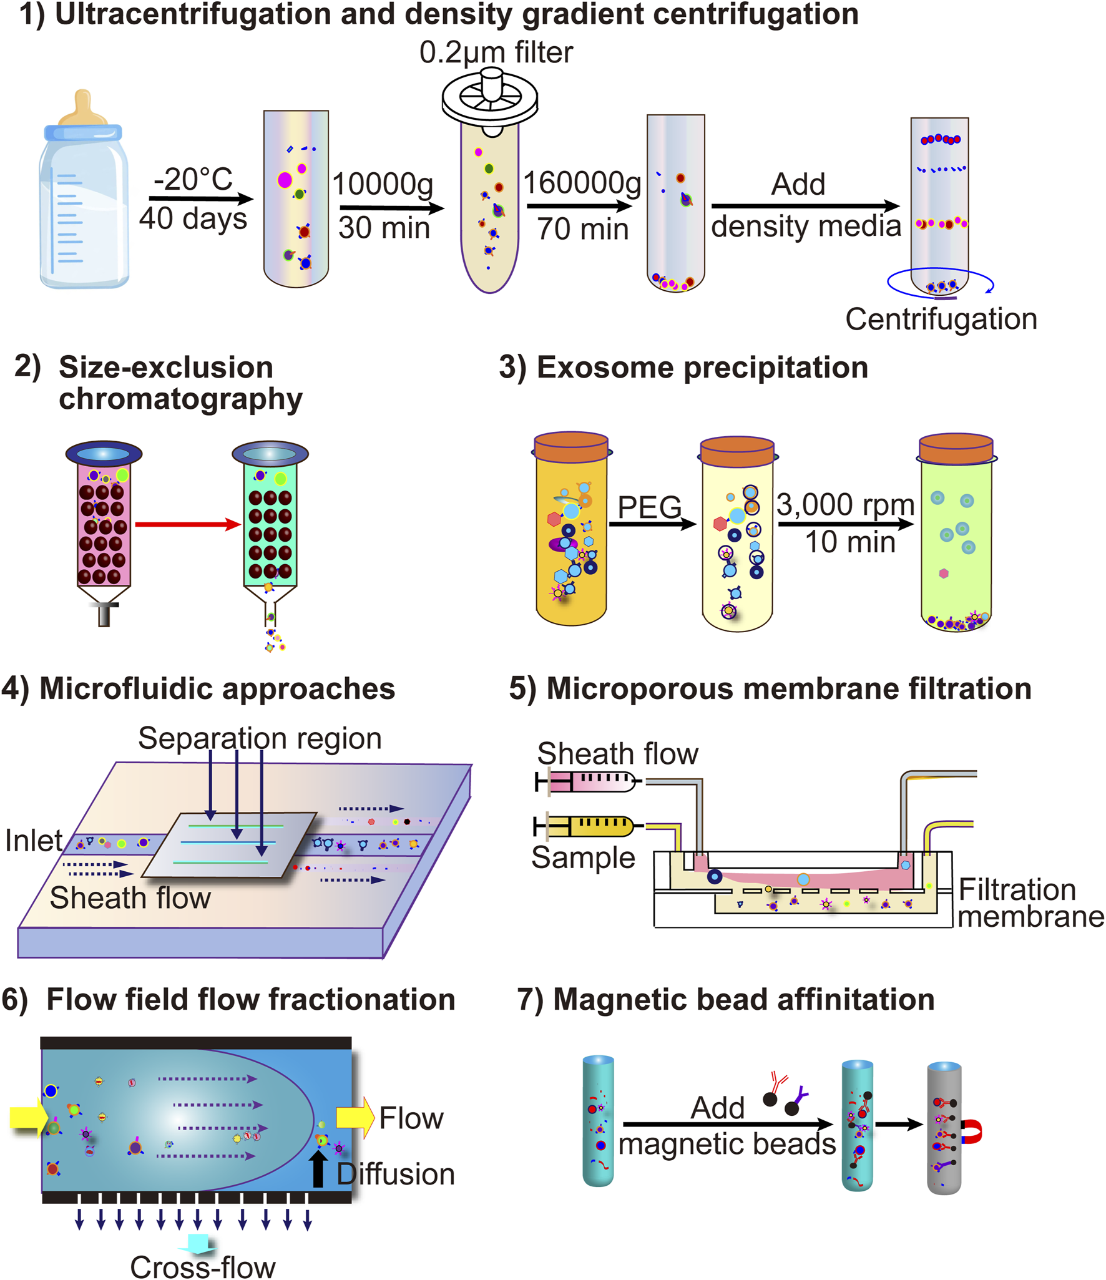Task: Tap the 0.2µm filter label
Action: tap(496, 52)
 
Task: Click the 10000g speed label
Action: tap(382, 184)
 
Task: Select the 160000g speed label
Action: tap(582, 183)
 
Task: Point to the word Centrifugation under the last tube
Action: tap(941, 319)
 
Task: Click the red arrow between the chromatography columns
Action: tap(187, 524)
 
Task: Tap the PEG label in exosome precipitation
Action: tap(648, 506)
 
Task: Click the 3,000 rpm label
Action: tap(845, 504)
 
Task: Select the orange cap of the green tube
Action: tap(956, 449)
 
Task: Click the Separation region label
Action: tap(260, 738)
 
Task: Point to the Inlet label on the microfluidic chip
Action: tap(34, 841)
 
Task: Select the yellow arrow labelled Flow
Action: tap(355, 1118)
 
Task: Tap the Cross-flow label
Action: tap(202, 1267)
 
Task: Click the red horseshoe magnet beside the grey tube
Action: tap(971, 1131)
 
